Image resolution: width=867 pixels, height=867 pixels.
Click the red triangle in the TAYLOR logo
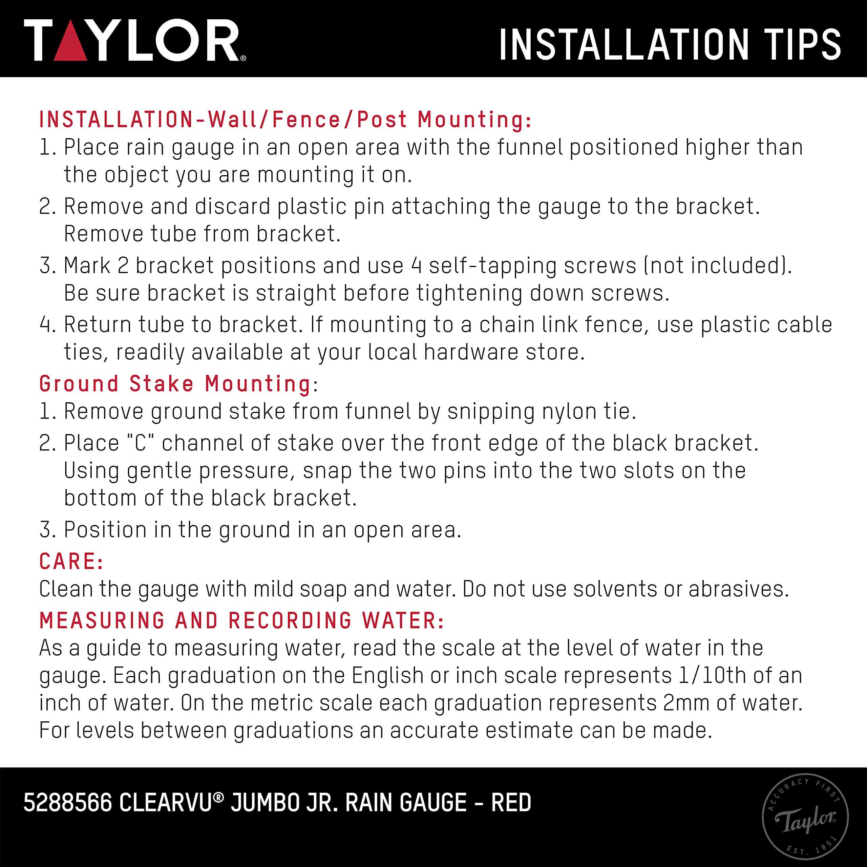point(70,42)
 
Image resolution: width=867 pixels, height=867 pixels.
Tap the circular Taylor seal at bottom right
point(805,817)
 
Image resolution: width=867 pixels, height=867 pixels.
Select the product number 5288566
point(68,802)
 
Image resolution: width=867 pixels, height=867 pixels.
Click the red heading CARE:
point(71,562)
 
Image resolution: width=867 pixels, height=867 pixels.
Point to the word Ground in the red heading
point(79,384)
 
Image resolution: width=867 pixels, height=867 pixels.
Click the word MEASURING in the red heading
point(102,621)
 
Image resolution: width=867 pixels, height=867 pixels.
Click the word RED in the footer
point(511,802)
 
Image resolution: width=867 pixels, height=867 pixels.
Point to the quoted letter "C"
point(141,443)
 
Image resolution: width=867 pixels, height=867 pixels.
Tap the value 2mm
point(686,703)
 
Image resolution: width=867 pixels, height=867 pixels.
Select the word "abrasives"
point(739,589)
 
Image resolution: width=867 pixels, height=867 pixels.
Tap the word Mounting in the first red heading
point(475,120)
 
